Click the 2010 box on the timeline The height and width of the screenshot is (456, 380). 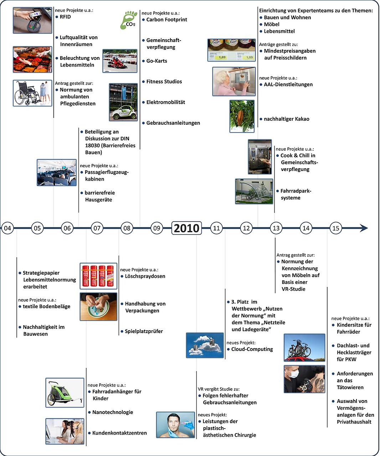pos(186,228)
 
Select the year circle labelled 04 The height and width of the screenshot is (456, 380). pos(8,228)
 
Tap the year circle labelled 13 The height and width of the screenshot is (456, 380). pos(276,228)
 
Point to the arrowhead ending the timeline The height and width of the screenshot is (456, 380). pos(364,228)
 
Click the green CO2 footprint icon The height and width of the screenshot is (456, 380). pos(129,20)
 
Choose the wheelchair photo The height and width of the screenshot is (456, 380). pos(32,93)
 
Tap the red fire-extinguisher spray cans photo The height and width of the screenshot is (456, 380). pos(98,275)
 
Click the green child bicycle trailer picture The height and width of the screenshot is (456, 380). pos(65,393)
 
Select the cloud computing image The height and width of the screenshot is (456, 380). pos(205,345)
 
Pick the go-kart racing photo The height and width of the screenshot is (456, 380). pos(120,61)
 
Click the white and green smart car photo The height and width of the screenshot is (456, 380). pos(123,102)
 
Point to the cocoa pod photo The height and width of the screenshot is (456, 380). pos(242,116)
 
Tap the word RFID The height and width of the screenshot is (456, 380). pos(65,17)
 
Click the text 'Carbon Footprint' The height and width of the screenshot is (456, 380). pos(166,20)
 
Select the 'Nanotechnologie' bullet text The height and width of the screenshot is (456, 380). pos(113,412)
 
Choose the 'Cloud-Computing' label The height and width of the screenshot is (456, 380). pos(252,349)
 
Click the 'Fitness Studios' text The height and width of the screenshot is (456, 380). pos(164,82)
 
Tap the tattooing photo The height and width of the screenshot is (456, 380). pos(304,379)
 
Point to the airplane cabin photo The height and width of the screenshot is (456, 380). pos(57,172)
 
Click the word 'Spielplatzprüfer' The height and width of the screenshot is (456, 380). pos(144,331)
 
